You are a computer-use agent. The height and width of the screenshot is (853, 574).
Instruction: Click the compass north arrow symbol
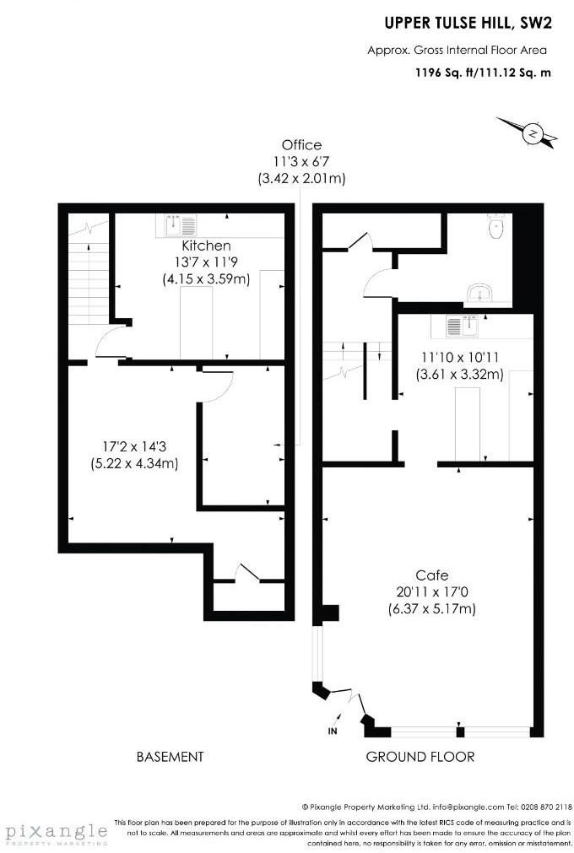[x=532, y=132]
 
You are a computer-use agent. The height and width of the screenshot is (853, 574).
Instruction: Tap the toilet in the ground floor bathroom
[x=495, y=226]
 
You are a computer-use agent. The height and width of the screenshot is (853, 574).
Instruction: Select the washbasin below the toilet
[x=479, y=293]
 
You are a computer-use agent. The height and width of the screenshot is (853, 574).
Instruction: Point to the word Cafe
[x=431, y=575]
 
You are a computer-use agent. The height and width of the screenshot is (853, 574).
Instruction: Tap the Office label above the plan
[x=301, y=145]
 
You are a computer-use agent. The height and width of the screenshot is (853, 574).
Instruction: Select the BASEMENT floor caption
[x=170, y=757]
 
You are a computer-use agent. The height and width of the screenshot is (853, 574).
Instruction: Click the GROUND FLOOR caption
[x=420, y=757]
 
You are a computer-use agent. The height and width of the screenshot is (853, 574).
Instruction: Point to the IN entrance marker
[x=333, y=730]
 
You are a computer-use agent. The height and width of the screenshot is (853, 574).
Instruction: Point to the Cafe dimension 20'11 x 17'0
[x=432, y=591]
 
